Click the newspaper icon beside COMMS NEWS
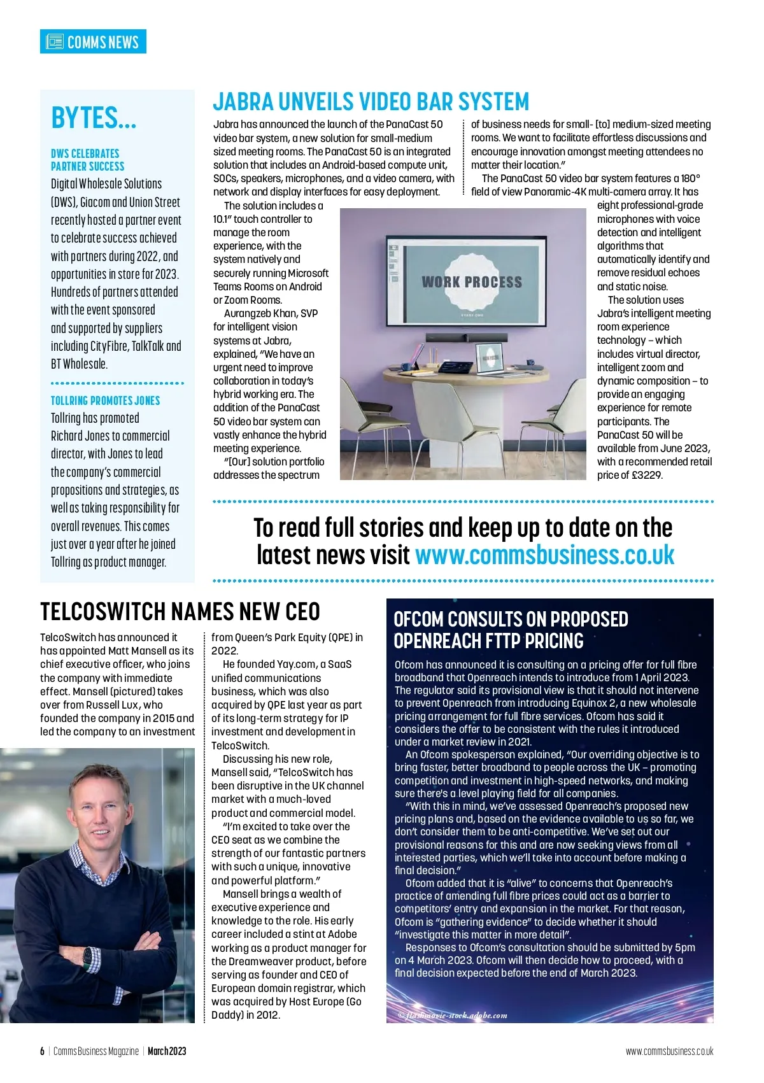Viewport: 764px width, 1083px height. (x=55, y=42)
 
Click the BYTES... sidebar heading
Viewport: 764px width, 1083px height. (x=94, y=118)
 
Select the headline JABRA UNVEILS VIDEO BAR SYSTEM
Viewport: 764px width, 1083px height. (x=371, y=102)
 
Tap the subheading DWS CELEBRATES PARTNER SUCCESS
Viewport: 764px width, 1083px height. (x=87, y=160)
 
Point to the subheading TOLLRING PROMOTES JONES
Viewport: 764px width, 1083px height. (x=105, y=400)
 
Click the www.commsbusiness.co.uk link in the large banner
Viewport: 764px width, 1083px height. (x=544, y=555)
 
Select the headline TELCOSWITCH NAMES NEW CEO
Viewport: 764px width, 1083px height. (x=180, y=612)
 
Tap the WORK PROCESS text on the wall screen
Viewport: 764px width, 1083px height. (x=472, y=282)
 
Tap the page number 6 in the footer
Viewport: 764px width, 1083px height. (x=43, y=1051)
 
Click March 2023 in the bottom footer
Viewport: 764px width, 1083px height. (x=167, y=1051)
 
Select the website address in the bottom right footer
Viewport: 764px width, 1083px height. (x=669, y=1051)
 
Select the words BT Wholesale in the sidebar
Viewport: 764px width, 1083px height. (x=80, y=364)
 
